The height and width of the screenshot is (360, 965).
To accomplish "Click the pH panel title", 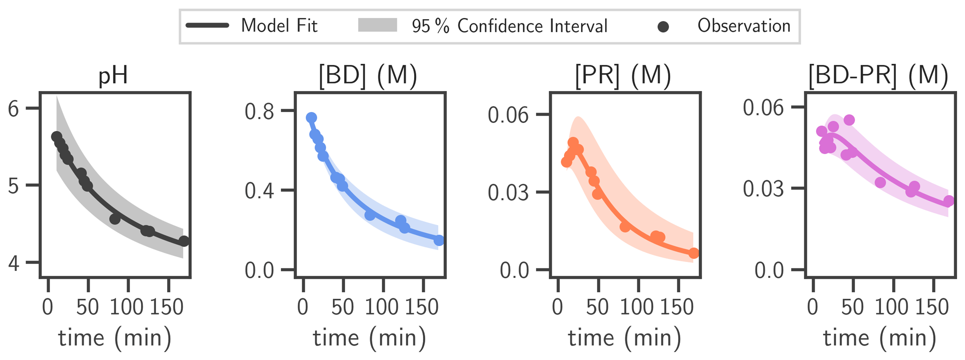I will tap(113, 76).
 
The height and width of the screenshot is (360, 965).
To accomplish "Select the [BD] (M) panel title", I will tap(367, 76).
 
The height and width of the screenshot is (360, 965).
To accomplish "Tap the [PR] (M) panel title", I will tap(623, 76).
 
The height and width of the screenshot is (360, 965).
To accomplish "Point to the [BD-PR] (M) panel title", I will tap(878, 76).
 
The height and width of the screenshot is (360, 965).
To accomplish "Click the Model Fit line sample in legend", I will tap(207, 26).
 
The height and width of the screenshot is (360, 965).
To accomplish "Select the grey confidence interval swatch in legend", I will tap(377, 26).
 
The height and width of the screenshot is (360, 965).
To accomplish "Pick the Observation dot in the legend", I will tap(663, 27).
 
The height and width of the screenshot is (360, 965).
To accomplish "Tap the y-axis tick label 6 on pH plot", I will tap(14, 109).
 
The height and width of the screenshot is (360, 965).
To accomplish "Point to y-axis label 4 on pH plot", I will tap(14, 264).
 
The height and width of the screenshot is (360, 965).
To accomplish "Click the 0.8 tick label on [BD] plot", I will tap(260, 113).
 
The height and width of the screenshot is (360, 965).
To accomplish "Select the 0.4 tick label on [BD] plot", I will tap(260, 191).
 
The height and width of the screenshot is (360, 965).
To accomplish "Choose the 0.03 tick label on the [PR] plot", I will tap(508, 193).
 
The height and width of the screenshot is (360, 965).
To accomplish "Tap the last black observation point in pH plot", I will tap(184, 241).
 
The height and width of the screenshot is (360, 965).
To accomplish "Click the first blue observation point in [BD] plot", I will tap(311, 118).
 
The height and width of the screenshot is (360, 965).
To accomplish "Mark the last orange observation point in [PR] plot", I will tap(694, 253).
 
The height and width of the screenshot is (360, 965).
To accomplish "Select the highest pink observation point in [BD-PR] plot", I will tap(849, 120).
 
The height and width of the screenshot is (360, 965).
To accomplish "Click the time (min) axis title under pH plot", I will tap(114, 338).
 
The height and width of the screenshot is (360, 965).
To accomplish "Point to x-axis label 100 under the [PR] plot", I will tap(638, 308).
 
